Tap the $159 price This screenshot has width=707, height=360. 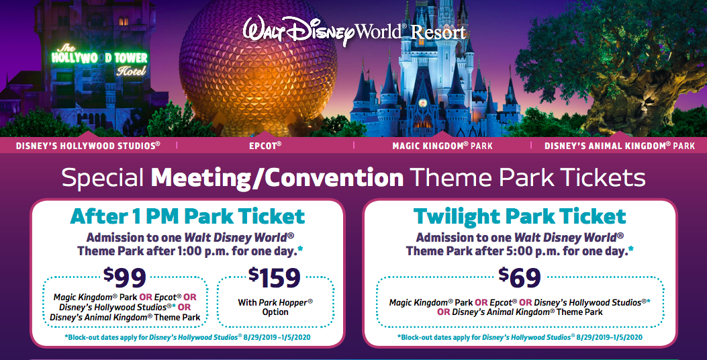tap(274, 277)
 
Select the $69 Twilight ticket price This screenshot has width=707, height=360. tap(520, 277)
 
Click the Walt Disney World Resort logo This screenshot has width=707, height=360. tap(355, 31)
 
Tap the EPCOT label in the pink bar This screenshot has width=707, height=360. tap(265, 146)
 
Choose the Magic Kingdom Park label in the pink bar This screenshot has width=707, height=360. tap(442, 146)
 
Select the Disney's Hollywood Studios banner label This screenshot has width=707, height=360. tap(88, 146)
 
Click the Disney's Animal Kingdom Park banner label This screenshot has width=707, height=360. tap(620, 146)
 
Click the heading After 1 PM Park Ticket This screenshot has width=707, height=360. tap(187, 216)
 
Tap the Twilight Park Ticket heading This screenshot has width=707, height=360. tap(520, 216)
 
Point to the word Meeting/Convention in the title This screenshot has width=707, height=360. tap(277, 178)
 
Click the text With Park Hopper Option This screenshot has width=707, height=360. tap(275, 307)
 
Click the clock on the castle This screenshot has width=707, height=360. tap(422, 103)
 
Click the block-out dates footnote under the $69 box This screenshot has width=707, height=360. tap(520, 337)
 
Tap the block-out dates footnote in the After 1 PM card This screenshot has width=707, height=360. tap(187, 337)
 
